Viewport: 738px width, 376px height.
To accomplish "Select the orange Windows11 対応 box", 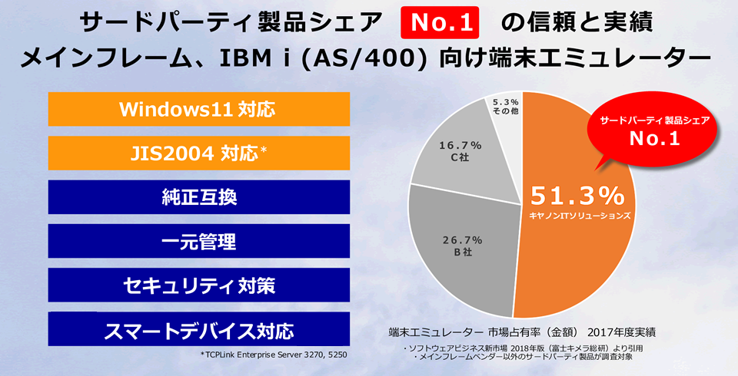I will click(x=198, y=109).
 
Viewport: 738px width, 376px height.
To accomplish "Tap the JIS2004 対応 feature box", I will click(x=198, y=152).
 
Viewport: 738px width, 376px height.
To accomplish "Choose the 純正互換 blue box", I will click(x=198, y=196).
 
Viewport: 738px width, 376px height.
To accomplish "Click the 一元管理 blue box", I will click(x=198, y=241).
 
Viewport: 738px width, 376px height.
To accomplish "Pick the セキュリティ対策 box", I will click(x=198, y=285).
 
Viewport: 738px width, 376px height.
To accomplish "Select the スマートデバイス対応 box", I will click(x=198, y=330).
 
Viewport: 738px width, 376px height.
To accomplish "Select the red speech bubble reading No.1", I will click(x=655, y=131).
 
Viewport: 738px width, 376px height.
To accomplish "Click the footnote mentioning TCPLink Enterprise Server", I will click(x=275, y=355).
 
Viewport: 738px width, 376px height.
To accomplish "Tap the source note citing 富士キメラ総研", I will click(x=523, y=348).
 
